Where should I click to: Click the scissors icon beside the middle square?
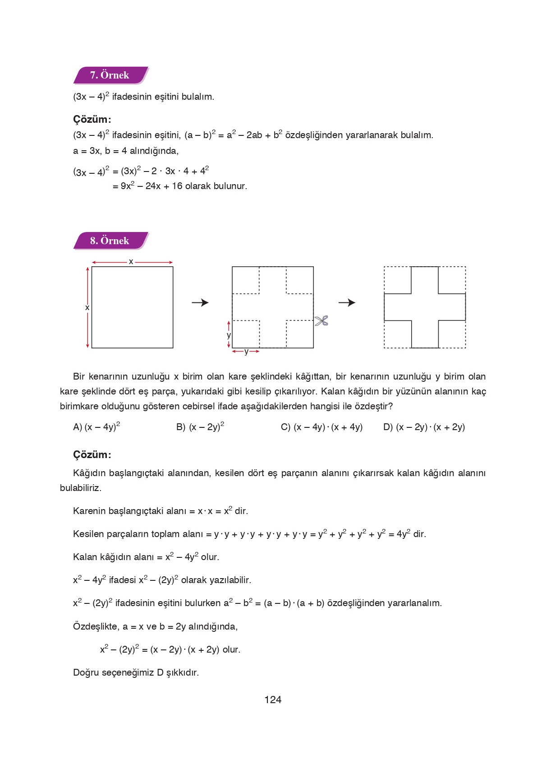click(x=321, y=321)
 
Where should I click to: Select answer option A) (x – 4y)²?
click(x=96, y=427)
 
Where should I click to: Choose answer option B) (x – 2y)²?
click(x=200, y=427)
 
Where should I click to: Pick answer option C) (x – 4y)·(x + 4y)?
click(x=321, y=427)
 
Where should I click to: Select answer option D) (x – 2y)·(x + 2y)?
click(x=424, y=427)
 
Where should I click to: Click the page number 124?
click(x=273, y=700)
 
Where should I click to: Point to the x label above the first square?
click(x=131, y=261)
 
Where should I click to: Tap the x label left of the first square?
click(x=87, y=307)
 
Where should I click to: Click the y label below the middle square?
click(x=246, y=352)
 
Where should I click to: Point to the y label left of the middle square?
click(x=229, y=335)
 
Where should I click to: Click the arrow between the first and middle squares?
click(x=200, y=302)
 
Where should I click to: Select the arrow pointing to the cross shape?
click(x=347, y=302)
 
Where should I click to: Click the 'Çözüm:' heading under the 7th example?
click(x=92, y=120)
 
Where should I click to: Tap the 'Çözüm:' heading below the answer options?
click(x=92, y=454)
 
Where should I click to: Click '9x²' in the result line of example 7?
click(x=127, y=186)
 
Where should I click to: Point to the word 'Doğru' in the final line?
click(x=86, y=672)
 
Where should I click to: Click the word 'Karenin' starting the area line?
click(x=88, y=511)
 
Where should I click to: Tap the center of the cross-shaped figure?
click(x=425, y=307)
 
